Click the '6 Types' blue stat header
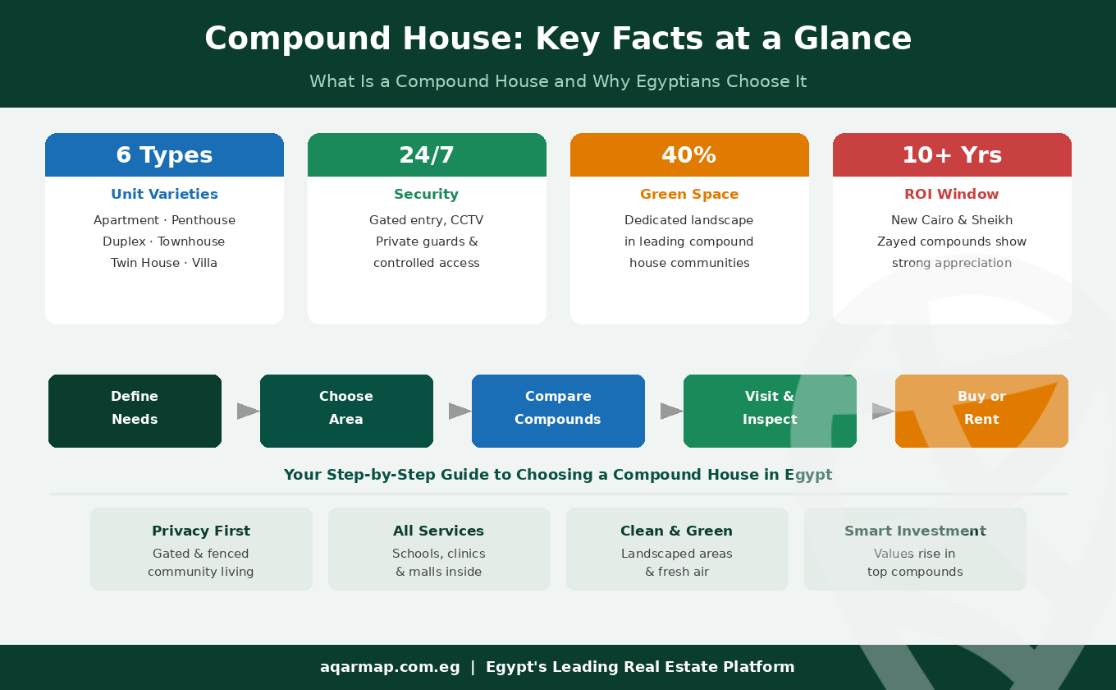tap(164, 155)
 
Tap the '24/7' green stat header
tap(427, 155)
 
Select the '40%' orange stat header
tap(689, 155)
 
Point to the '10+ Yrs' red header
tap(952, 155)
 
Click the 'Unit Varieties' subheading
tap(164, 195)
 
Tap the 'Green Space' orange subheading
tap(689, 195)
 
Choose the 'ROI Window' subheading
tap(952, 195)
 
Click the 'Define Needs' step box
tap(135, 411)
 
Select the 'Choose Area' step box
tap(346, 411)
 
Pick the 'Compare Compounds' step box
tap(558, 411)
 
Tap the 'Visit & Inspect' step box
tap(770, 411)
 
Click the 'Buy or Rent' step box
tap(981, 411)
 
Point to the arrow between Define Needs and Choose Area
tap(248, 411)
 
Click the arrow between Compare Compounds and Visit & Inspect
tap(671, 411)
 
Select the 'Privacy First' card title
tap(201, 531)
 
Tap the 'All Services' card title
tap(439, 531)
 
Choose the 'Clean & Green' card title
tap(677, 531)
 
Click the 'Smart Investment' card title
tap(915, 531)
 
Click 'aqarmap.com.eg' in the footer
tap(390, 667)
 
